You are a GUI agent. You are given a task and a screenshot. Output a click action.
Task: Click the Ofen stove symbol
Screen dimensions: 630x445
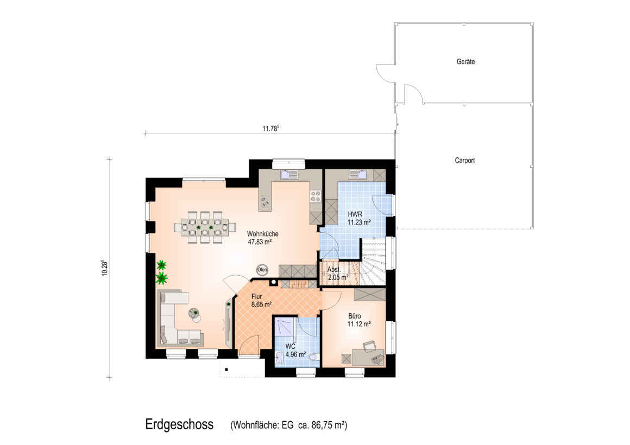pos(262,270)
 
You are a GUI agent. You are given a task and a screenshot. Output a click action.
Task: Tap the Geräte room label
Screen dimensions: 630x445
pos(465,62)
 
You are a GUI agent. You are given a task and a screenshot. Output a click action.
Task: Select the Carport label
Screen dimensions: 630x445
pos(464,160)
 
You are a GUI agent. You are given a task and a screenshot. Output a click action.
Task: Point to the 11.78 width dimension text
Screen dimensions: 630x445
pos(271,129)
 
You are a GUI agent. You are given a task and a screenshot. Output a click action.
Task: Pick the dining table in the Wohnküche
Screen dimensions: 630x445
pos(205,227)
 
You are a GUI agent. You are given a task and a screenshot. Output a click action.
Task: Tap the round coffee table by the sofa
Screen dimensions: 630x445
pos(196,314)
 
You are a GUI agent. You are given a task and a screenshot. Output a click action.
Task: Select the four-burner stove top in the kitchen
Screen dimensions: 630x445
pos(316,196)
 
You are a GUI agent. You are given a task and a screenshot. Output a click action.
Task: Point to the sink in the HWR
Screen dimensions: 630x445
pos(357,174)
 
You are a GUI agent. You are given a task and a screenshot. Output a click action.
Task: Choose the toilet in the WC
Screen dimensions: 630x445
pos(313,357)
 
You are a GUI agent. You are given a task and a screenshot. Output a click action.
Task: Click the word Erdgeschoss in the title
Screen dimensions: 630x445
pos(179,425)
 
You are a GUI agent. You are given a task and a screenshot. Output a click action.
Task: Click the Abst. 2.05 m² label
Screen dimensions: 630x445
pos(337,274)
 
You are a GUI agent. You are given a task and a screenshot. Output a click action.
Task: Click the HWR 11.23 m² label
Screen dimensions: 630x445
pos(359,218)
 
